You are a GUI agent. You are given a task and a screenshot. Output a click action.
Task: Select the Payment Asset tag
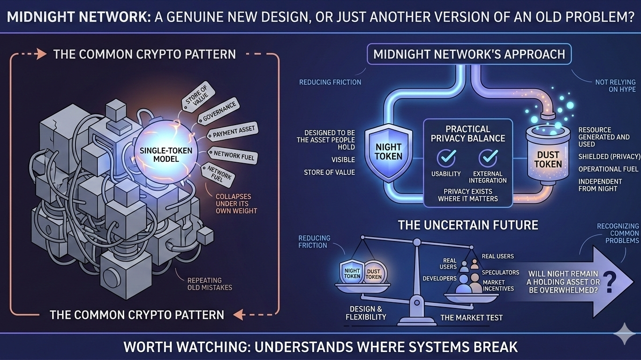(234, 132)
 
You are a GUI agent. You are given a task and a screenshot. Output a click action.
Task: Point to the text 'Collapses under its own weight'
(236, 204)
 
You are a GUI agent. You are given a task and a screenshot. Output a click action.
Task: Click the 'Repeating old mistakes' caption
(210, 283)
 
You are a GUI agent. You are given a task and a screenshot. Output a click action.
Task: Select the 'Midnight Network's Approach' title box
(469, 54)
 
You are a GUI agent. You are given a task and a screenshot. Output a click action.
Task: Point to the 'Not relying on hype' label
(616, 85)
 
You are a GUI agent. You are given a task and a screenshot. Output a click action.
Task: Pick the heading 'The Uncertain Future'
(468, 225)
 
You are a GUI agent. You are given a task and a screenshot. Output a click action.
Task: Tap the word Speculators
(501, 272)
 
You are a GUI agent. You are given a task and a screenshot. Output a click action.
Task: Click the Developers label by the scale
(439, 278)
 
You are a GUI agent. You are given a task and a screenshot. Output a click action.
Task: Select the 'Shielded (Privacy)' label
(609, 157)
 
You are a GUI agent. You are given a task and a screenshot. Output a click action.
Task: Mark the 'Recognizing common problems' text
(618, 233)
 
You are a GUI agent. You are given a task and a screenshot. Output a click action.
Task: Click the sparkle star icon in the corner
(625, 333)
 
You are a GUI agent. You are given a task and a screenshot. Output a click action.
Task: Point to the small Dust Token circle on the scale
(374, 273)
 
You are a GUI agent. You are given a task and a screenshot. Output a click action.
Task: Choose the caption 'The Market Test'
(471, 318)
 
